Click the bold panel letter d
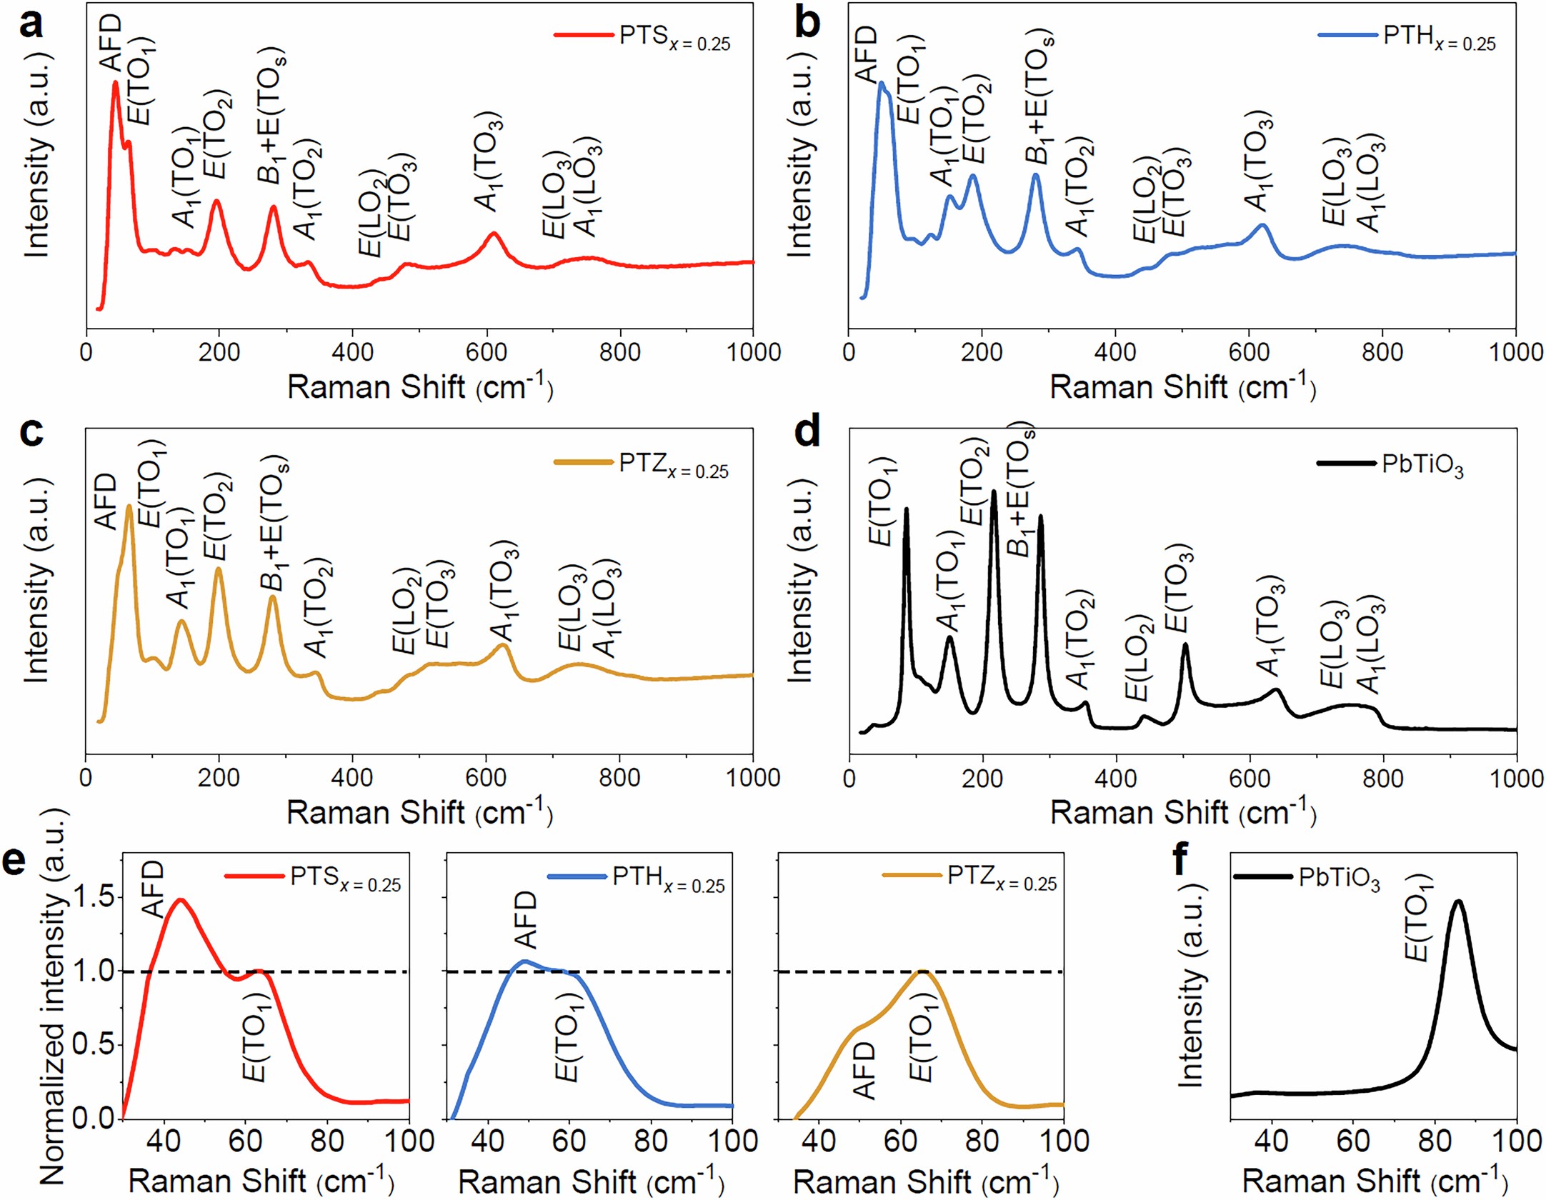807,434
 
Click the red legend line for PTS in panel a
583,34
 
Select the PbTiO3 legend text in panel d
1422,465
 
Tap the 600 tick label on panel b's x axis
1249,352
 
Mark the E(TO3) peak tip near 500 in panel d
1185,645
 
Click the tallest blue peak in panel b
882,84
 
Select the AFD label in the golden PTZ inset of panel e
864,1069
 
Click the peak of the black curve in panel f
1457,901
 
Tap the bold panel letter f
1181,859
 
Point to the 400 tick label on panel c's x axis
352,778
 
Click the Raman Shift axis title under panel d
1182,813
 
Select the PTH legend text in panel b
1438,37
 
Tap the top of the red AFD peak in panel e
180,900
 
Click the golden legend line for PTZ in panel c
583,462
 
